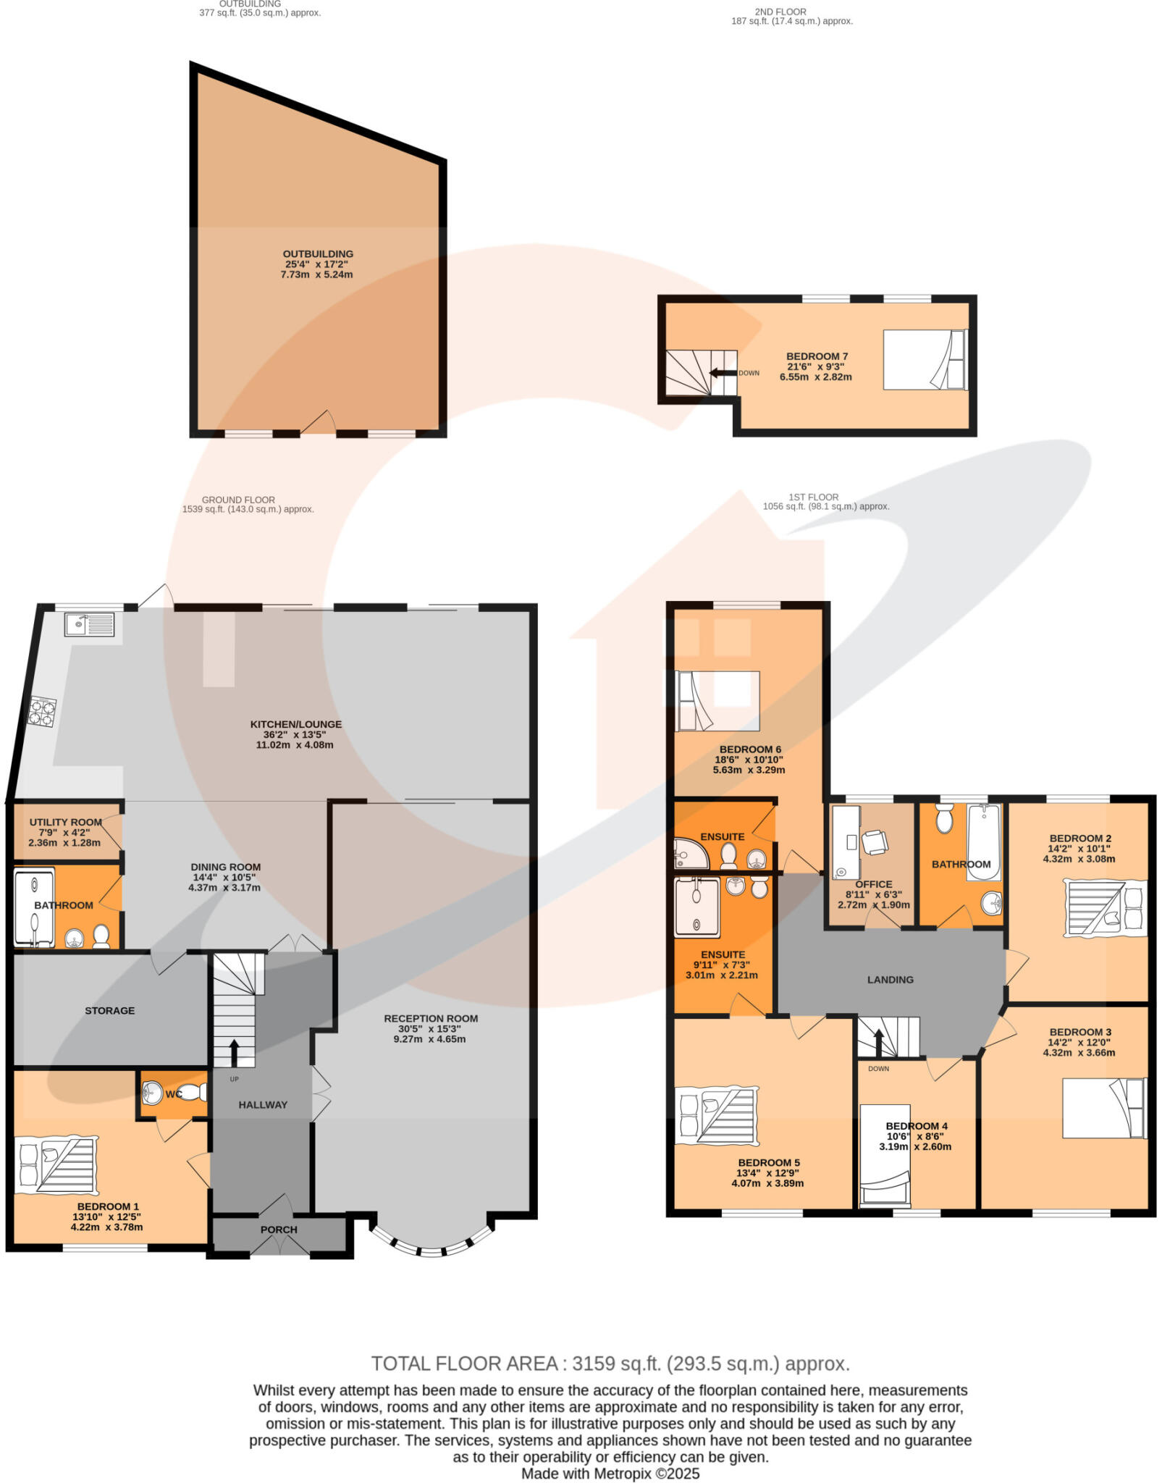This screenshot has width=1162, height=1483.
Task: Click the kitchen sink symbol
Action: [88, 624]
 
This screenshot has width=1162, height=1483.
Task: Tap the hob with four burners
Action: [43, 710]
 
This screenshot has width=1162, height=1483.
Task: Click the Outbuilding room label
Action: [318, 254]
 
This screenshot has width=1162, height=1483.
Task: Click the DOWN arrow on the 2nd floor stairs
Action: [722, 373]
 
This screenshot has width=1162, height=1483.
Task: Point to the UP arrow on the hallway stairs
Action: [234, 1053]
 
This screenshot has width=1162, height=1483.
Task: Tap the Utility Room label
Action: [65, 822]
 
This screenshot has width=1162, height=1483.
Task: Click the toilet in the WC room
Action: [190, 1092]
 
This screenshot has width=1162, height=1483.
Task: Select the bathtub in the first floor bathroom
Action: [983, 841]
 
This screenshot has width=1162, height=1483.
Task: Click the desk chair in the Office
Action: [875, 841]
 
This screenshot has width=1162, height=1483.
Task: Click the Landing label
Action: [890, 979]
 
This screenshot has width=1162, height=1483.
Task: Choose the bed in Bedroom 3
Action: [1103, 1107]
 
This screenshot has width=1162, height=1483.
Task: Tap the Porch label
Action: [279, 1229]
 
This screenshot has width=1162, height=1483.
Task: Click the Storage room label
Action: [109, 1010]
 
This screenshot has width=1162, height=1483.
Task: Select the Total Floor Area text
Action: [610, 1364]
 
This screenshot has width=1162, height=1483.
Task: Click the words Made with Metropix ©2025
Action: [610, 1473]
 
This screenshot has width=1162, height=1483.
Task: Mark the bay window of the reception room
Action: [431, 1251]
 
